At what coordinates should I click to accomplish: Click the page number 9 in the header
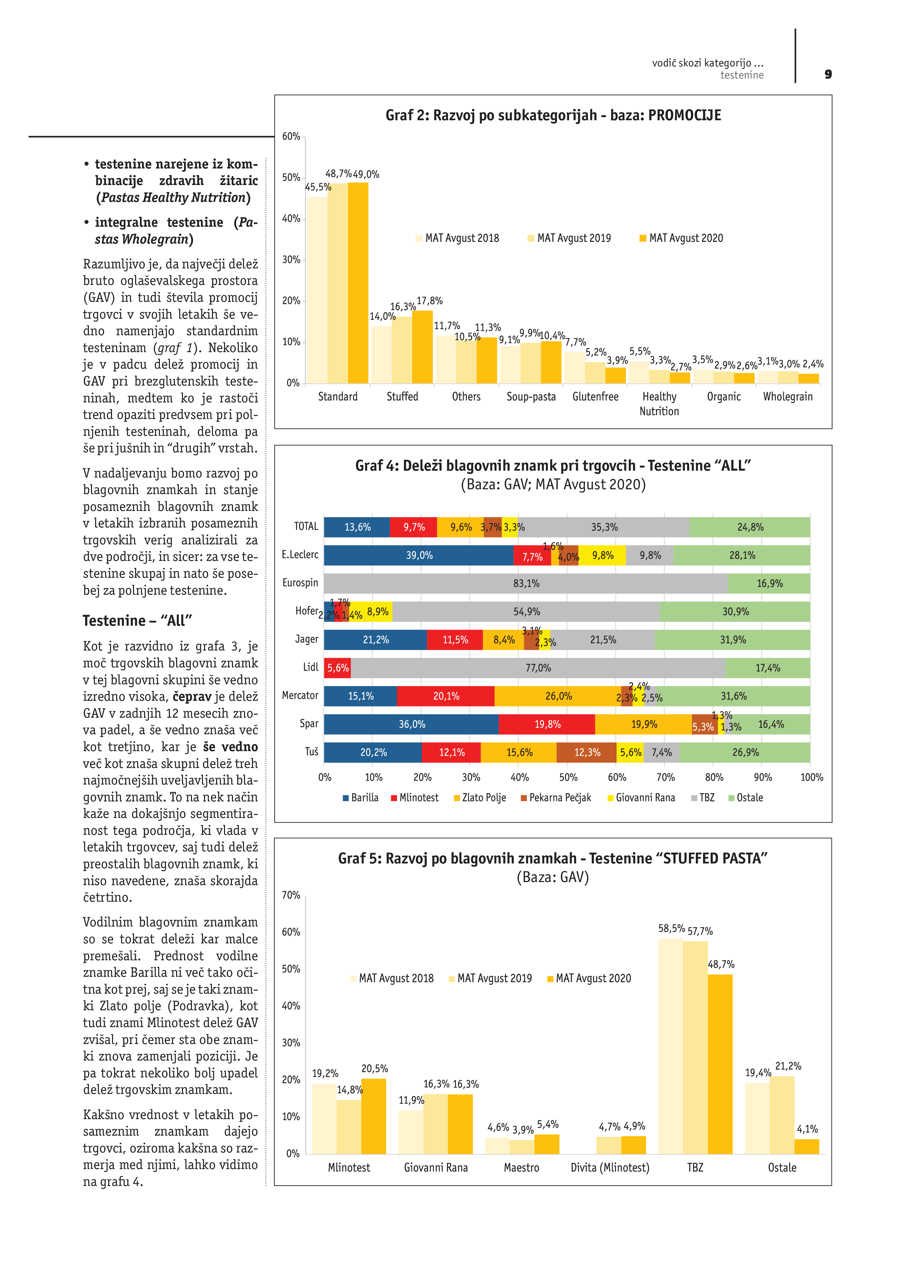[828, 74]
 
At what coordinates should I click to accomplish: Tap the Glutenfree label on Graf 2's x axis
[595, 397]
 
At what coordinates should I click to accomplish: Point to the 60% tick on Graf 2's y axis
[291, 136]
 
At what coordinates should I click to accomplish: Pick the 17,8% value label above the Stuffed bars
[429, 301]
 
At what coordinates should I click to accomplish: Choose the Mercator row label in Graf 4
[300, 696]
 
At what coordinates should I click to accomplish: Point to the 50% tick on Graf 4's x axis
[568, 778]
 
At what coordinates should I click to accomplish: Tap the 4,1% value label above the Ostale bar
[807, 1129]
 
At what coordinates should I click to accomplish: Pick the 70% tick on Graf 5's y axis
[291, 895]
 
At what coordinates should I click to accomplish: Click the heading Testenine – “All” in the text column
[138, 621]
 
